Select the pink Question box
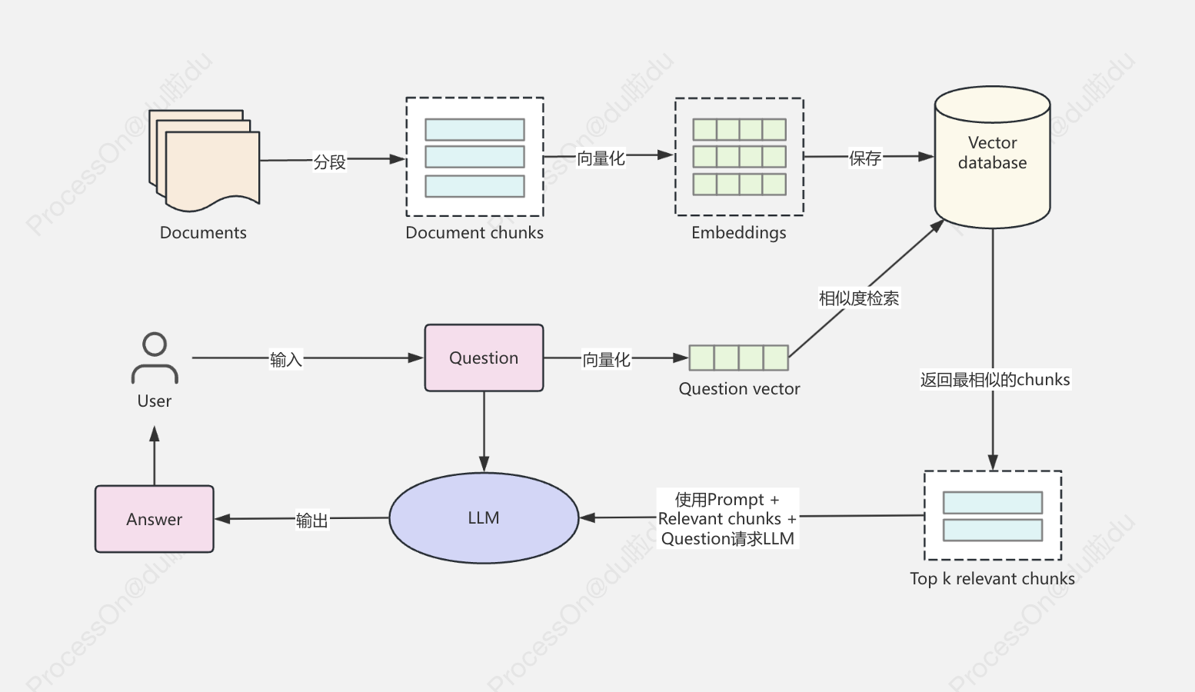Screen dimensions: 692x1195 tap(484, 358)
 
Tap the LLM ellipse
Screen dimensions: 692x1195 tap(484, 517)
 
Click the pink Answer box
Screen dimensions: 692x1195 tap(155, 519)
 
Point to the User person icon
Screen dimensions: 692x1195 tap(155, 358)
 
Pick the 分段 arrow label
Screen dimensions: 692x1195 tap(330, 161)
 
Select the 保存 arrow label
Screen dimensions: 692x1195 tap(865, 158)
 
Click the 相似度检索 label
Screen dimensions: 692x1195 tap(858, 298)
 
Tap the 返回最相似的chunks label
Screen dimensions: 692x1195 tap(995, 379)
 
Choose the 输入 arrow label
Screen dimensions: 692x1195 tap(285, 359)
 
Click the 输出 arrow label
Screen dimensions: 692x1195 tap(311, 521)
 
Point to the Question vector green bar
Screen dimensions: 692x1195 tap(738, 358)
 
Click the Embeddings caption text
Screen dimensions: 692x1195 tap(738, 233)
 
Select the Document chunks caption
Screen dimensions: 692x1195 tap(474, 233)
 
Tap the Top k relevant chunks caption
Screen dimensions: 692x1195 tap(992, 579)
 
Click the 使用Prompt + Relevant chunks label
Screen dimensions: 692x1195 tap(727, 519)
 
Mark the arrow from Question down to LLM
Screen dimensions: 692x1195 tap(484, 431)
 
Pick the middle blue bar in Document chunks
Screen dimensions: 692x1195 tap(474, 157)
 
